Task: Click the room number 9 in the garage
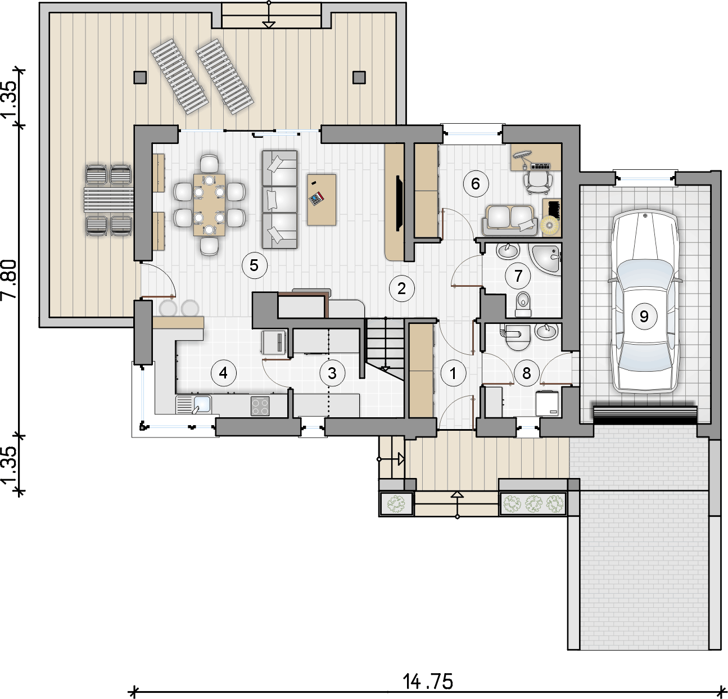pyautogui.click(x=644, y=316)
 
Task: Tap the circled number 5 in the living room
pyautogui.click(x=255, y=265)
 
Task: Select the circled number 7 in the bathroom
pyautogui.click(x=518, y=276)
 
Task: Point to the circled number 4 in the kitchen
pyautogui.click(x=223, y=373)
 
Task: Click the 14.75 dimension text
pyautogui.click(x=428, y=682)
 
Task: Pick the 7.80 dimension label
pyautogui.click(x=10, y=279)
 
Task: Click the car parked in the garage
pyautogui.click(x=644, y=301)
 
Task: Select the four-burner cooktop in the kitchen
pyautogui.click(x=260, y=406)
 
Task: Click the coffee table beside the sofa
pyautogui.click(x=322, y=200)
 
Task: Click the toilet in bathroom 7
pyautogui.click(x=523, y=304)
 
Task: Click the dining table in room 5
pyautogui.click(x=210, y=205)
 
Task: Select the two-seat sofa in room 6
pyautogui.click(x=510, y=220)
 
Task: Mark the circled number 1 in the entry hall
pyautogui.click(x=453, y=373)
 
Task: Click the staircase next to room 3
pyautogui.click(x=384, y=349)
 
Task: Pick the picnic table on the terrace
pyautogui.click(x=108, y=200)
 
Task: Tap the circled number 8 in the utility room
pyautogui.click(x=526, y=373)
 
